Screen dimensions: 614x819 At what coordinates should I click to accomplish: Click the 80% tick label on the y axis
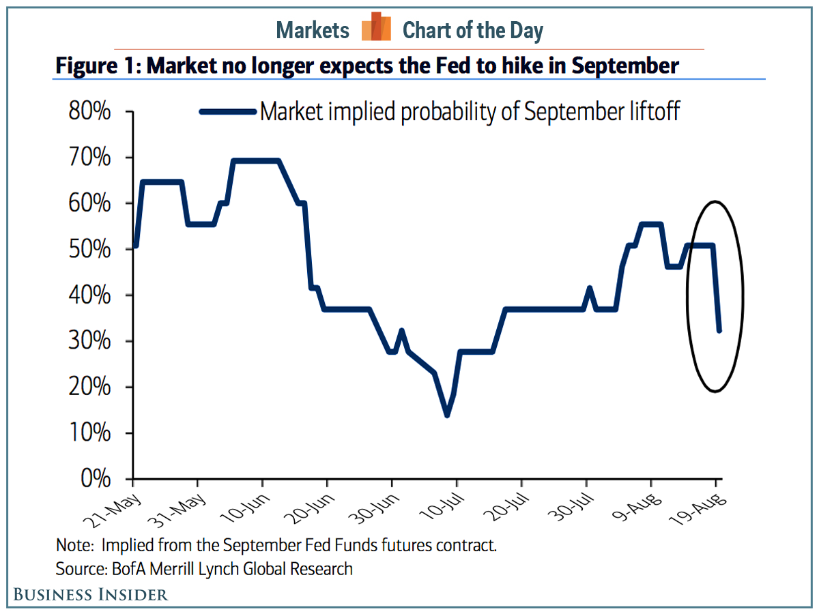click(89, 112)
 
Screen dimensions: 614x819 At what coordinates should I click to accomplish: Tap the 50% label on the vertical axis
click(89, 250)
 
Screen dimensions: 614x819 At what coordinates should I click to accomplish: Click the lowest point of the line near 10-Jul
click(447, 415)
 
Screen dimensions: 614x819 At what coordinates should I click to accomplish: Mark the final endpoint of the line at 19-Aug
click(719, 331)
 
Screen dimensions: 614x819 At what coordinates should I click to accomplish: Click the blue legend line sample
click(228, 111)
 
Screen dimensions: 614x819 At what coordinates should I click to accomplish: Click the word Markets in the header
click(313, 31)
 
